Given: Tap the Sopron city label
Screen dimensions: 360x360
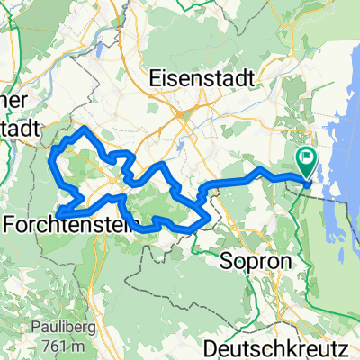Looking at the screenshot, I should tap(249, 261).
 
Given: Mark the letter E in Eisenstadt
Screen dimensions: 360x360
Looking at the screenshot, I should tap(158, 76).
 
